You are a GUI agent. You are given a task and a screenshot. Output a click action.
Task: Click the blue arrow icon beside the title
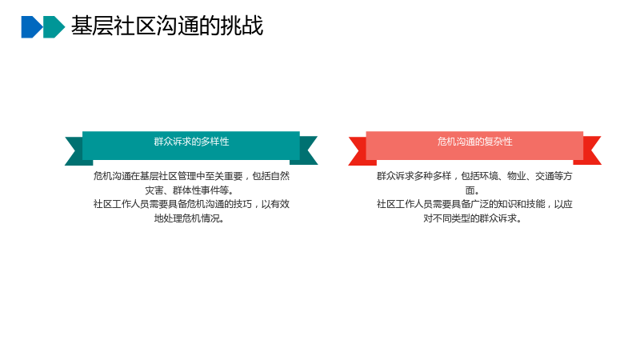[31, 27]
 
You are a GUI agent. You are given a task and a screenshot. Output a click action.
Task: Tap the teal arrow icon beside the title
[54, 27]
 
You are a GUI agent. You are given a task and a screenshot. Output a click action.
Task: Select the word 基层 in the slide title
[92, 26]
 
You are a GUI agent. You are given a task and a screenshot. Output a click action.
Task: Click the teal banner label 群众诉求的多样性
[191, 142]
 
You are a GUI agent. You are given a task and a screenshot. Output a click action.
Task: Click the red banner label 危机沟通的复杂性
[474, 142]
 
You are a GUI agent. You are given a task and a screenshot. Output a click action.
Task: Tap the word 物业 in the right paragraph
[517, 176]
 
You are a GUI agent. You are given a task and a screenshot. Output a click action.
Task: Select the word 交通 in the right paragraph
[545, 176]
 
